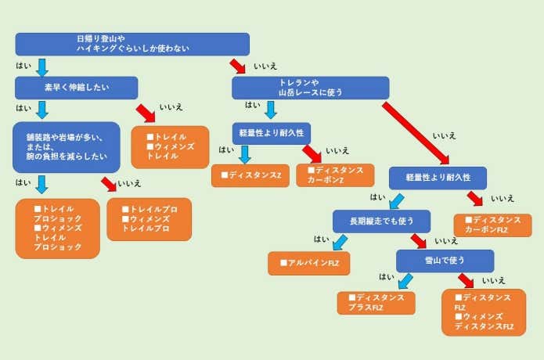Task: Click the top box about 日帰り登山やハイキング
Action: click(132, 44)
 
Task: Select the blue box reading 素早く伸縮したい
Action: click(76, 88)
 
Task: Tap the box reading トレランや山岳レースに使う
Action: click(310, 88)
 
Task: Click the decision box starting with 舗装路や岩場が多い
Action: click(67, 147)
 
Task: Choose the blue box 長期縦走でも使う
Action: click(381, 221)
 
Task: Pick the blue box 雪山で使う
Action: click(444, 261)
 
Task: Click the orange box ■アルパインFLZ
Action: click(308, 263)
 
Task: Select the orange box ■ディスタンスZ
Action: click(250, 175)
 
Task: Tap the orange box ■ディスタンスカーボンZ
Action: click(335, 175)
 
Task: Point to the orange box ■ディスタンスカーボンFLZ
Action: click(492, 225)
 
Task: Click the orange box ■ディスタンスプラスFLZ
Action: click(376, 303)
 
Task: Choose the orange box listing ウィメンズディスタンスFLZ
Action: click(483, 311)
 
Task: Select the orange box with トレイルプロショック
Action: click(58, 229)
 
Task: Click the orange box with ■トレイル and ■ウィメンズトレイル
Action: click(170, 147)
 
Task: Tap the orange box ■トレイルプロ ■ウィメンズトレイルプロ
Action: click(149, 219)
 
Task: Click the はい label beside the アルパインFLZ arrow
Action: click(321, 239)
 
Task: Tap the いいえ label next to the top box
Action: click(265, 67)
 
